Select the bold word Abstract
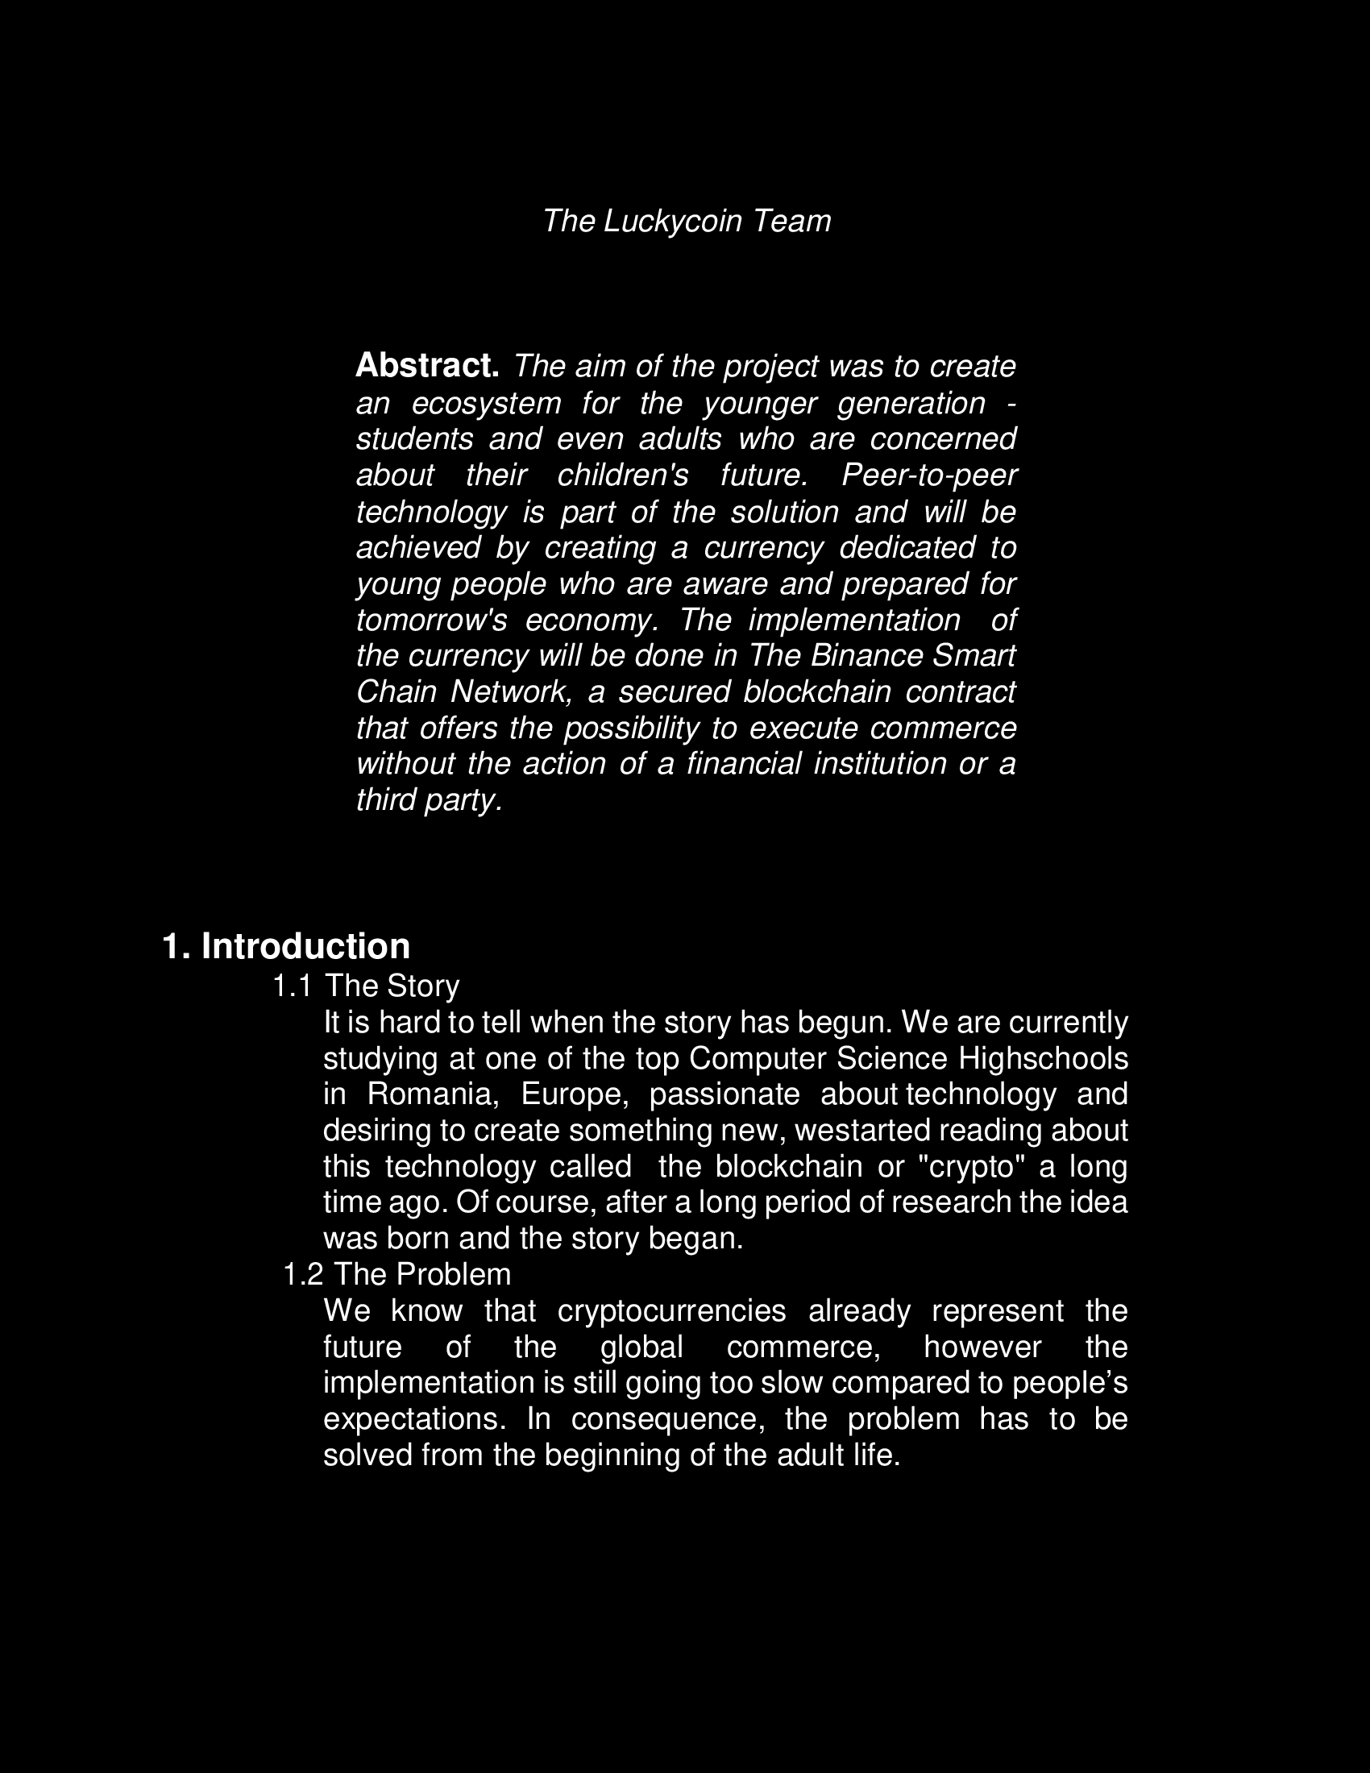[427, 366]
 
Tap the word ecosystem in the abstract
[486, 403]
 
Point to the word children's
[622, 475]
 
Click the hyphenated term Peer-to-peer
[928, 475]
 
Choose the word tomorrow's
[432, 620]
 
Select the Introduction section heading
[305, 946]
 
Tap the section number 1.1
[293, 986]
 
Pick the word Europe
[575, 1094]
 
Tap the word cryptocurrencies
[672, 1310]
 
